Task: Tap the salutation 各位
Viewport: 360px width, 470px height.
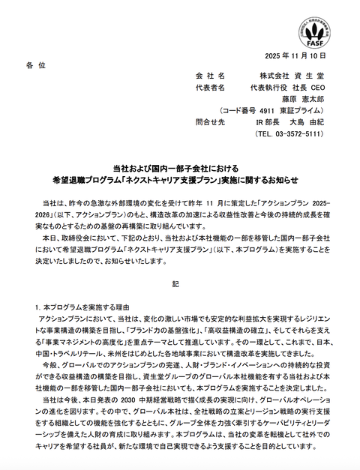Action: pyautogui.click(x=35, y=66)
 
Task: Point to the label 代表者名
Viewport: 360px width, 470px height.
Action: pyautogui.click(x=210, y=87)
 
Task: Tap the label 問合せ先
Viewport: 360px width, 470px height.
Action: pyautogui.click(x=210, y=121)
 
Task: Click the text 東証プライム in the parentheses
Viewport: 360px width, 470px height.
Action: pyautogui.click(x=299, y=109)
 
